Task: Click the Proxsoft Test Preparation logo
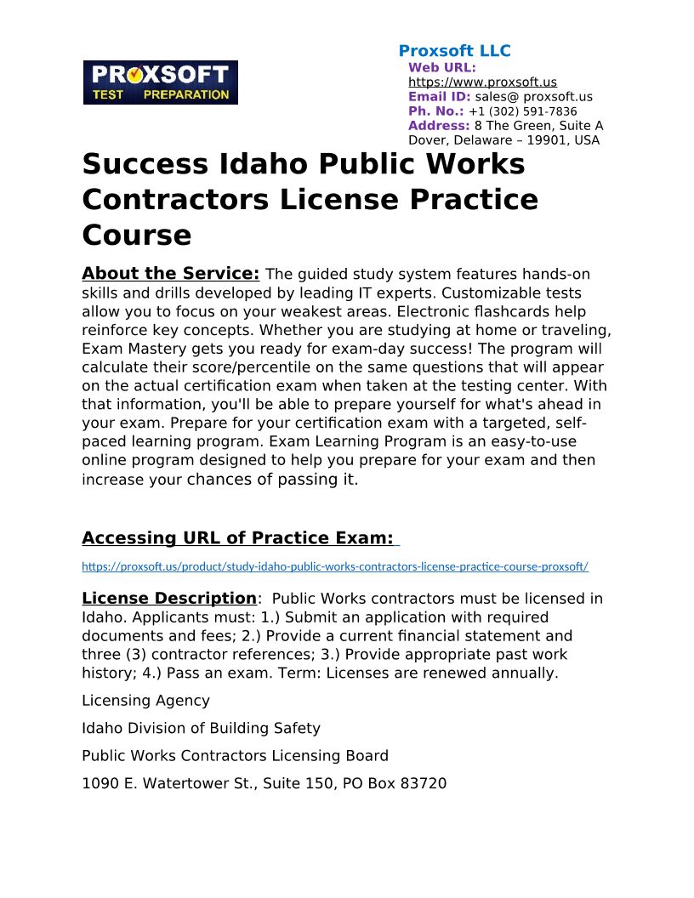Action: point(160,82)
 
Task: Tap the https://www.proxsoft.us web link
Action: point(482,82)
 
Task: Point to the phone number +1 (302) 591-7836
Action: point(522,111)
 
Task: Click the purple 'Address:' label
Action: point(439,126)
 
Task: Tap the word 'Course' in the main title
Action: point(136,235)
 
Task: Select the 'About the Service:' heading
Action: point(170,274)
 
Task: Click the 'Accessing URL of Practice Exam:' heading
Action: point(238,538)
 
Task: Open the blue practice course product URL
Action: point(335,566)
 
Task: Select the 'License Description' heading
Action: point(168,599)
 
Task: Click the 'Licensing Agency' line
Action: point(145,701)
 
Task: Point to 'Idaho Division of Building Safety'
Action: point(201,728)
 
